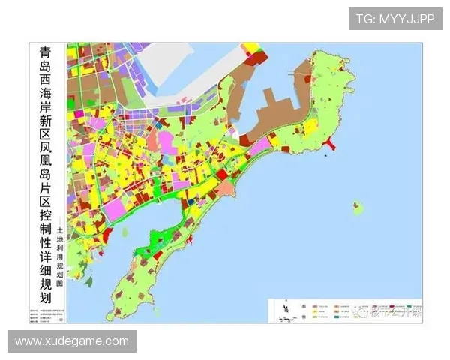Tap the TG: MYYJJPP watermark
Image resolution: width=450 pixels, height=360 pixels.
[x=394, y=19]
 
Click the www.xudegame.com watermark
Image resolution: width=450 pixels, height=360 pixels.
[x=72, y=341]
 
